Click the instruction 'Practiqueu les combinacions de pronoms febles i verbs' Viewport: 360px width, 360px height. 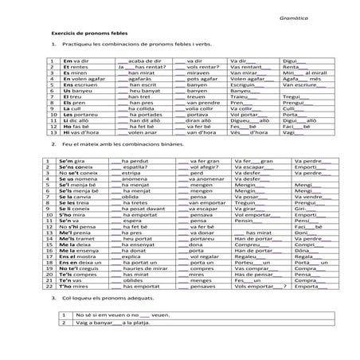click(x=119, y=45)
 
